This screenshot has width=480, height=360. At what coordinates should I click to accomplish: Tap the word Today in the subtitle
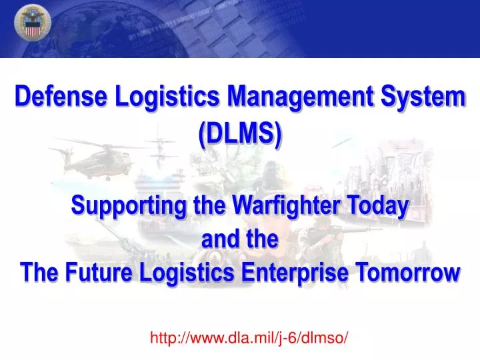tap(377, 206)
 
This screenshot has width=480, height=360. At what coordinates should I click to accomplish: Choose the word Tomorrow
tap(415, 273)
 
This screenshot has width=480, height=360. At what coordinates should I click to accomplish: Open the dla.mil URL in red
tap(249, 338)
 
